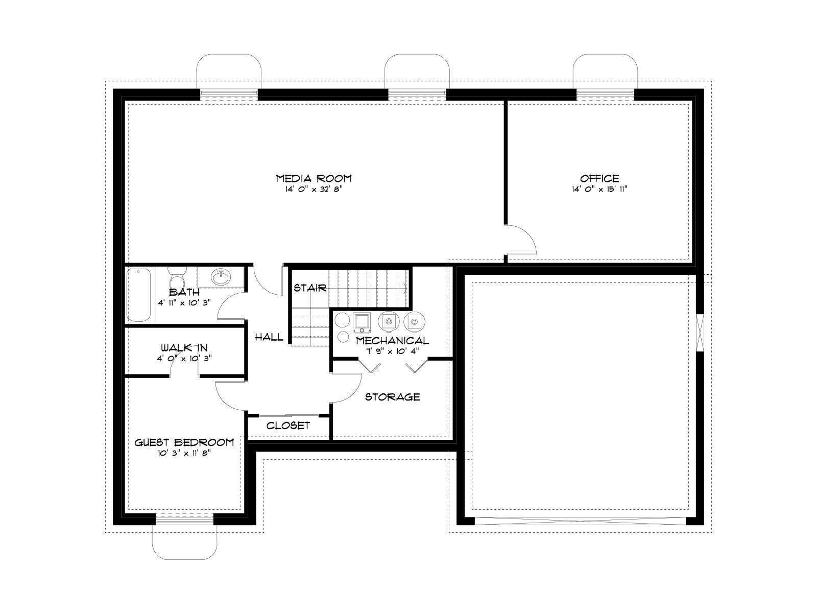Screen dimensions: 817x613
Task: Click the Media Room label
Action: [314, 178]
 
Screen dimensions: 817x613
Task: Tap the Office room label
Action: [599, 178]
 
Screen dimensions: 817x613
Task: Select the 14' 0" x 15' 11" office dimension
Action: [599, 189]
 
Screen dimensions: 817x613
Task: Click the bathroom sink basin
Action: [221, 277]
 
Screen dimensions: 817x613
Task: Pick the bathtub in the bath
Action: [138, 295]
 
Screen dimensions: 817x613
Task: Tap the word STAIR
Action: [310, 288]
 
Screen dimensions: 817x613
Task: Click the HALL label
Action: [269, 337]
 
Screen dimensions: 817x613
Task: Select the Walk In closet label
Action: [184, 348]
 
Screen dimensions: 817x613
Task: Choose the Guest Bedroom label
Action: [184, 442]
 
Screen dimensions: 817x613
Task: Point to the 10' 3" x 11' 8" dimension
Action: [184, 453]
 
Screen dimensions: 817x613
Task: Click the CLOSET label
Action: [288, 426]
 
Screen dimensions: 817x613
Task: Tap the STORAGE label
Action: [392, 397]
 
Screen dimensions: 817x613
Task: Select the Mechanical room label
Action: [392, 341]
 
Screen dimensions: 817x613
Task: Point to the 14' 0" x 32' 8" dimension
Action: [314, 189]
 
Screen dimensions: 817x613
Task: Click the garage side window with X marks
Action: [700, 333]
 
